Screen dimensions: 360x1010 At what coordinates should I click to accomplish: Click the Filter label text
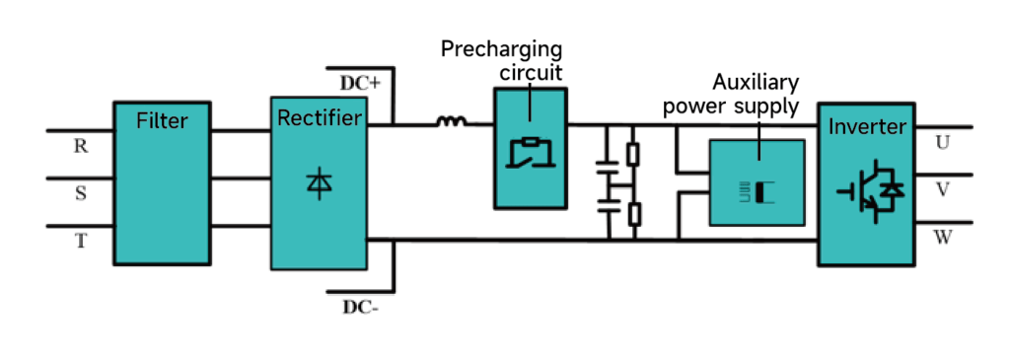163,122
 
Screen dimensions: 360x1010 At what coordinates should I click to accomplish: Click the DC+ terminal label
360,83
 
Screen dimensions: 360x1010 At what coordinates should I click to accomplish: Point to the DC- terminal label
361,307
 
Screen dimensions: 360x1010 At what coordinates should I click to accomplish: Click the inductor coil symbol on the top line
452,122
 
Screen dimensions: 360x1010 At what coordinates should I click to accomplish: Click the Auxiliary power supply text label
730,94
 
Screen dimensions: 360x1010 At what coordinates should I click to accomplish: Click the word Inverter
866,126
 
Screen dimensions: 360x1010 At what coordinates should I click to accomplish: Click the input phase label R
81,146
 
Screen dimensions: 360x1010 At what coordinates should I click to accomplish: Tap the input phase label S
81,193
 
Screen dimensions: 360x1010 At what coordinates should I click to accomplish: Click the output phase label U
942,143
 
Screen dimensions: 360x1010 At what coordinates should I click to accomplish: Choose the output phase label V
942,189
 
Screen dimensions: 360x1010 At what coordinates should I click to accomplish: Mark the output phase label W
942,238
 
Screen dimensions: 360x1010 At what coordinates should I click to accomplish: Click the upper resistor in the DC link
633,154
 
